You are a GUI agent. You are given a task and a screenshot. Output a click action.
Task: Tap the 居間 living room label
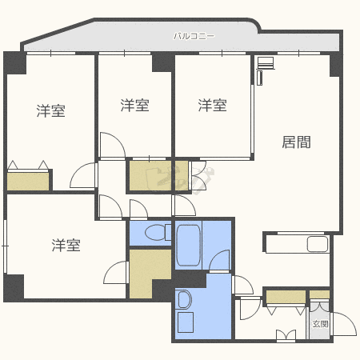(x=296, y=142)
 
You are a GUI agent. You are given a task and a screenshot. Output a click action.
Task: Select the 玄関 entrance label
(x=320, y=324)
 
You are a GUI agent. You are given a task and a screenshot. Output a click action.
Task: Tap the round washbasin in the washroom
(x=184, y=300)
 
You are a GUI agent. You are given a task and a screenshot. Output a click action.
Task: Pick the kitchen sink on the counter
(x=316, y=244)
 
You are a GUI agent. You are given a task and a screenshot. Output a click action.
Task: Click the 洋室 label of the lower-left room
(x=66, y=245)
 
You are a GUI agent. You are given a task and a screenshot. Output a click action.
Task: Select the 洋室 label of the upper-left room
(x=50, y=111)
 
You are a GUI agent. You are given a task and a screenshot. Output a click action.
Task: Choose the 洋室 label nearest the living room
(x=213, y=105)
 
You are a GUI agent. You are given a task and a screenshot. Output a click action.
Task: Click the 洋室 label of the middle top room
(x=135, y=105)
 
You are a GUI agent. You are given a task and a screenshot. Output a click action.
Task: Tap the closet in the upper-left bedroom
(x=29, y=180)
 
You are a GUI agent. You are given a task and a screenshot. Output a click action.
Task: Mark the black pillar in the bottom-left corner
(x=14, y=287)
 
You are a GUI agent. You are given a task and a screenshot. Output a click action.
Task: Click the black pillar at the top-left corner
(x=14, y=62)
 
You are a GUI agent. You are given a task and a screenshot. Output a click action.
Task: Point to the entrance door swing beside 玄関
(x=346, y=324)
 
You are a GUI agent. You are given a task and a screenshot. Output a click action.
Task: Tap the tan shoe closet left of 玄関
(x=286, y=298)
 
